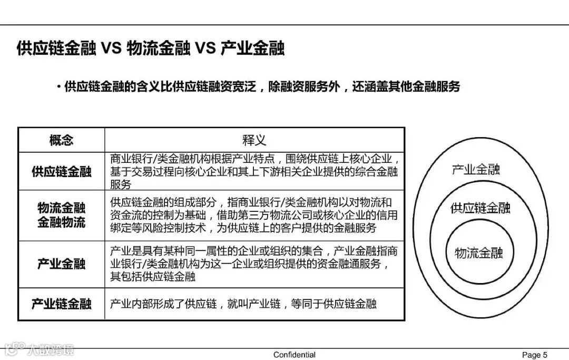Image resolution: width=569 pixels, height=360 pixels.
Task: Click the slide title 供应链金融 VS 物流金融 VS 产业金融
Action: (151, 49)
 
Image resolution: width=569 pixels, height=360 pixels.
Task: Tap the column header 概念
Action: (62, 140)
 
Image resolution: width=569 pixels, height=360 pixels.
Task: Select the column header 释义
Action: (254, 140)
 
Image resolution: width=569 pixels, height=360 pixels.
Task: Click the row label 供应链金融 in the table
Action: (62, 171)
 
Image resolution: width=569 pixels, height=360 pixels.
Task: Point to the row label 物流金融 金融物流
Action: (62, 215)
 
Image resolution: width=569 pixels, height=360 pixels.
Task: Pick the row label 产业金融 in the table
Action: (62, 264)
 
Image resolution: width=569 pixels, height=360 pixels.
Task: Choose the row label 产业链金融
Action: (62, 304)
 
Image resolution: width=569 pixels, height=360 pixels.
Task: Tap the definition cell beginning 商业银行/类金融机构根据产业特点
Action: (254, 171)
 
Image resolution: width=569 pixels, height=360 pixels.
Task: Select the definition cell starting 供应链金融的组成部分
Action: (254, 215)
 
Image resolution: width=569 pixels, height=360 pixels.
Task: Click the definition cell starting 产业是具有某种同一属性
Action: (254, 264)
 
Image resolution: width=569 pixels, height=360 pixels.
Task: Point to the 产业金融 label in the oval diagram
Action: (476, 169)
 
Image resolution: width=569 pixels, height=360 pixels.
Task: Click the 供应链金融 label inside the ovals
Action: (480, 208)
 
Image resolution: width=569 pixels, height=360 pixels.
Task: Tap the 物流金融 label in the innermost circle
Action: (478, 252)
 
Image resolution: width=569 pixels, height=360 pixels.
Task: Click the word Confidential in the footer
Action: (295, 355)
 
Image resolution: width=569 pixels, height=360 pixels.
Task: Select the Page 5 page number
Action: (535, 355)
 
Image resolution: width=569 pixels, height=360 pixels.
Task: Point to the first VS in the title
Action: (111, 49)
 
